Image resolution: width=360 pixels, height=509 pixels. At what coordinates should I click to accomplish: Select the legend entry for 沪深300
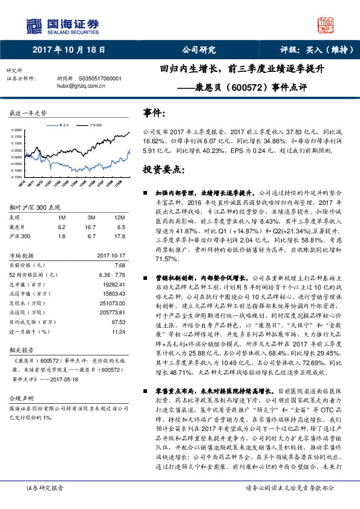(x=95, y=125)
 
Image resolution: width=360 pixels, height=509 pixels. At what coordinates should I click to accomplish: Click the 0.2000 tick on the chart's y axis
(x=15, y=130)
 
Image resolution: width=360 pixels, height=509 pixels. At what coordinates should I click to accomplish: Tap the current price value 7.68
(x=119, y=265)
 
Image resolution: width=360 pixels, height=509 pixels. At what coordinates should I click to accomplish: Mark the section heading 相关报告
(x=21, y=349)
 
